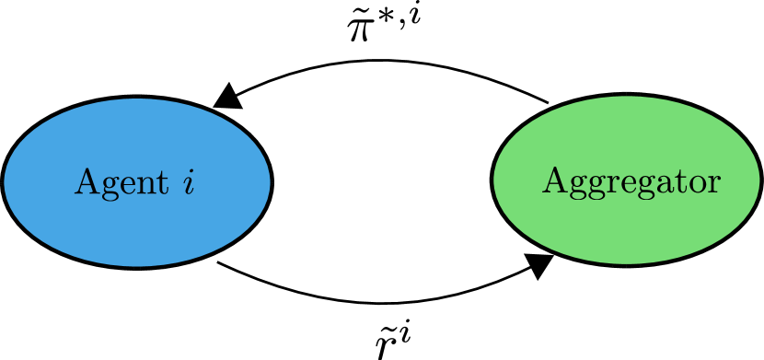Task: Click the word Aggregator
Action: point(631,181)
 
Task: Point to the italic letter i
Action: point(189,181)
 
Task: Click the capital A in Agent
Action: point(86,181)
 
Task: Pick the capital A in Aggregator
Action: point(553,180)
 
